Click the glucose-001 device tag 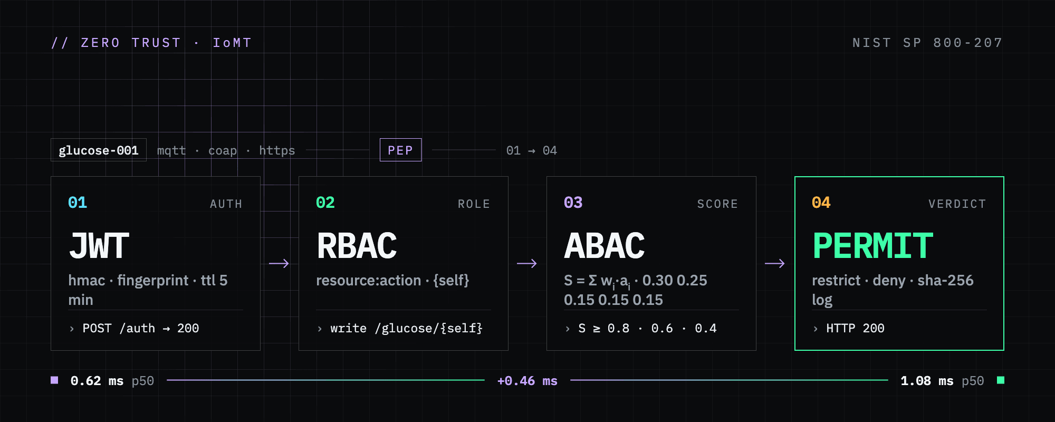click(99, 150)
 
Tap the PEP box click(400, 150)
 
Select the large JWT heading click(99, 246)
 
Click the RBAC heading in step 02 click(357, 246)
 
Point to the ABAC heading click(605, 246)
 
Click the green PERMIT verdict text click(873, 246)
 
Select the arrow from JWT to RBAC click(279, 263)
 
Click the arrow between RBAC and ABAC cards click(527, 263)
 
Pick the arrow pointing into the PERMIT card click(775, 263)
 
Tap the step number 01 click(78, 203)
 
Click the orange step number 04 click(821, 203)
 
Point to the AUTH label click(226, 204)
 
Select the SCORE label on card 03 click(717, 204)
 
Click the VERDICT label click(957, 204)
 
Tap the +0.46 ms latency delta click(527, 381)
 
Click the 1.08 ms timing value click(927, 381)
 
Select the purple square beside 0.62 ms click(54, 380)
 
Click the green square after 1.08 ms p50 click(1001, 380)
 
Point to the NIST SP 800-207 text click(928, 43)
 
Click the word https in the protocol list click(277, 151)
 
